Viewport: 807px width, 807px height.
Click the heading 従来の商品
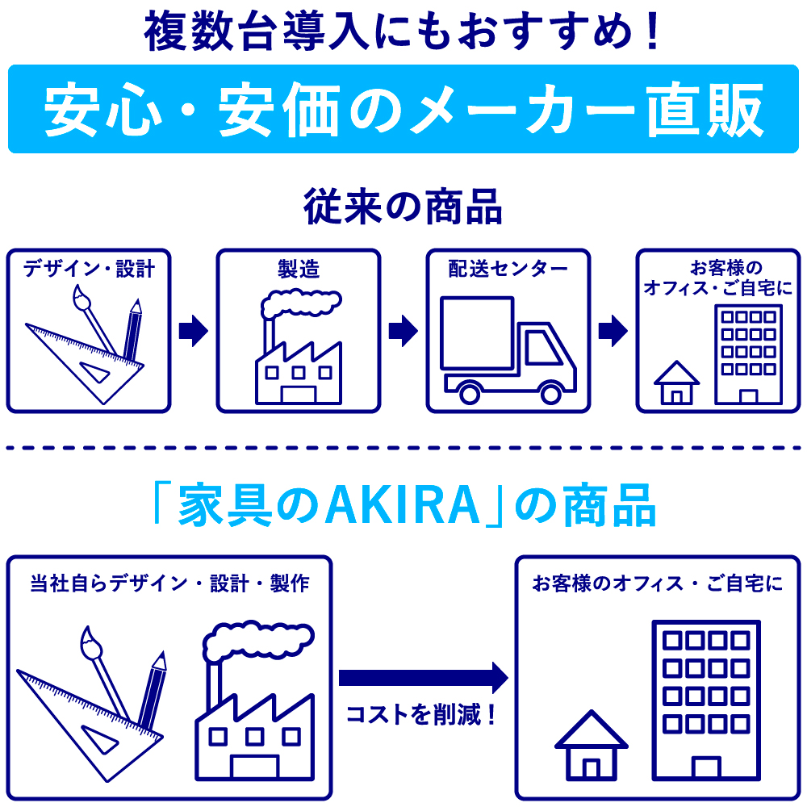tap(403, 207)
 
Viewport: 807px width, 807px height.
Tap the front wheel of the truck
tap(550, 393)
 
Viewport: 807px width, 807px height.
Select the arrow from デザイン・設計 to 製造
tap(194, 330)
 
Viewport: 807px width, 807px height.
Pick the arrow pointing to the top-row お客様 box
tap(613, 330)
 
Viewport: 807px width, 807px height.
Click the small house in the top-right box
tap(676, 383)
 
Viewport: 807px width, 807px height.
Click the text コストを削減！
tap(420, 714)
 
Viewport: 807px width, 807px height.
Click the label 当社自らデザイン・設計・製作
tap(169, 583)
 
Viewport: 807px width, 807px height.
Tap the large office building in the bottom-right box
tap(705, 698)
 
